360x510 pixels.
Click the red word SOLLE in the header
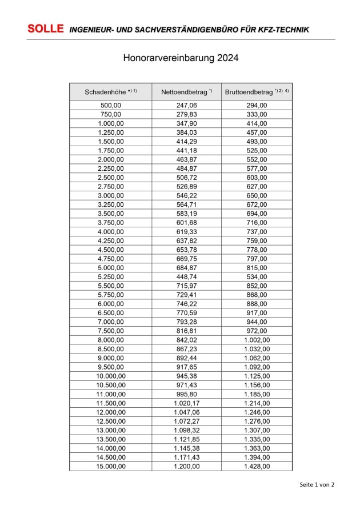[x=45, y=29]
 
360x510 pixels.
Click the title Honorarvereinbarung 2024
[x=181, y=58]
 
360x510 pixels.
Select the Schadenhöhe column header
[x=111, y=92]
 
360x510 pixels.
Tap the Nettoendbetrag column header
[x=186, y=92]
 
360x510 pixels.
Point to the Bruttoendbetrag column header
[x=257, y=92]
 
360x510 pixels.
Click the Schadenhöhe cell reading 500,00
[x=111, y=105]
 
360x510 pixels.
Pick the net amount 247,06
[x=186, y=105]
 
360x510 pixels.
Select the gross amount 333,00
[x=257, y=114]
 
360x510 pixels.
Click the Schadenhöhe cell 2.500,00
[x=111, y=177]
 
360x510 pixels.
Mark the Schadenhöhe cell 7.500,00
[x=111, y=331]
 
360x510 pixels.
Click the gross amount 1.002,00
[x=257, y=340]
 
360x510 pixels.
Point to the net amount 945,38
[x=186, y=376]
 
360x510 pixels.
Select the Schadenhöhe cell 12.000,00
[x=111, y=412]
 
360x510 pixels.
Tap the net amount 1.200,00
[x=186, y=466]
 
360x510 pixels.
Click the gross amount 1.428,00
[x=257, y=466]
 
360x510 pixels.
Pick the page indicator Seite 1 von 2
[x=317, y=484]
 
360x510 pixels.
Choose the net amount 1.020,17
[x=186, y=403]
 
